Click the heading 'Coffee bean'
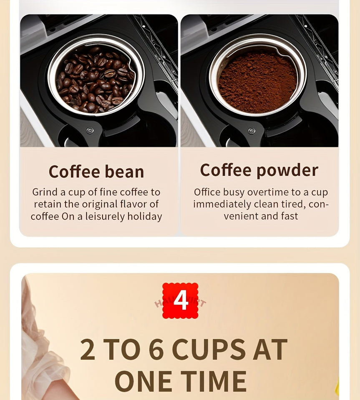coord(96,172)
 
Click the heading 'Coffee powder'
coord(259,170)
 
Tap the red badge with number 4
coord(180,300)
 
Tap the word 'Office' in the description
coord(206,192)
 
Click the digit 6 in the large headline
coord(156,350)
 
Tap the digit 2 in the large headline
coord(88,350)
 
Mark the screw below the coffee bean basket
coord(90,131)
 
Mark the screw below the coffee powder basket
coord(251,131)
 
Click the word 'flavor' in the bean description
coord(128,205)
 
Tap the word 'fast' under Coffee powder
coord(289,216)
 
